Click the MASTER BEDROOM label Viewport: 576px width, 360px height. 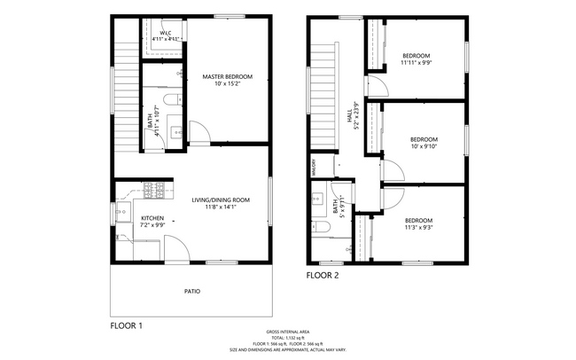pyautogui.click(x=227, y=77)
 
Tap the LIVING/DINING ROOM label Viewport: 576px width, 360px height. pyautogui.click(x=222, y=200)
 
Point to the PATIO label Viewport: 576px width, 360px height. pyautogui.click(x=191, y=290)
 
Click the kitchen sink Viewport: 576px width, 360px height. pyautogui.click(x=121, y=214)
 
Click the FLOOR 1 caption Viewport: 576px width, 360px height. pyautogui.click(x=126, y=326)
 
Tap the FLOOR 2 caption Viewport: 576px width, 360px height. pyautogui.click(x=323, y=275)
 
